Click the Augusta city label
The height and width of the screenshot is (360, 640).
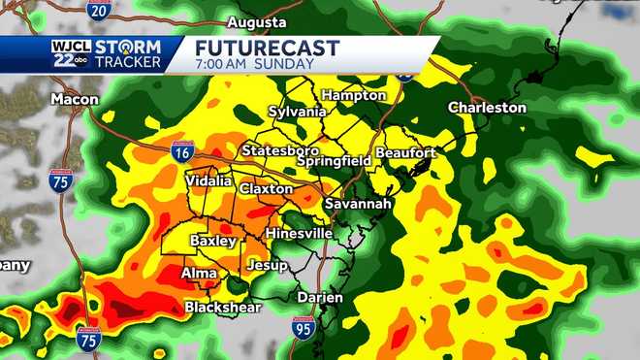[256, 21]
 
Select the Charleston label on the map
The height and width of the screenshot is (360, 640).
[487, 108]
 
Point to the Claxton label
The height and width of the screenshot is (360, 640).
[266, 188]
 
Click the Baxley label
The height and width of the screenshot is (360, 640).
[212, 240]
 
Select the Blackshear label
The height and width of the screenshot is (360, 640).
[223, 308]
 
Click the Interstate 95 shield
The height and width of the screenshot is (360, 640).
[302, 327]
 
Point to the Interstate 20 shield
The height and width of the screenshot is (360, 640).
[98, 10]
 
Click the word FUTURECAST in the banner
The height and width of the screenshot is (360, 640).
[267, 48]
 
